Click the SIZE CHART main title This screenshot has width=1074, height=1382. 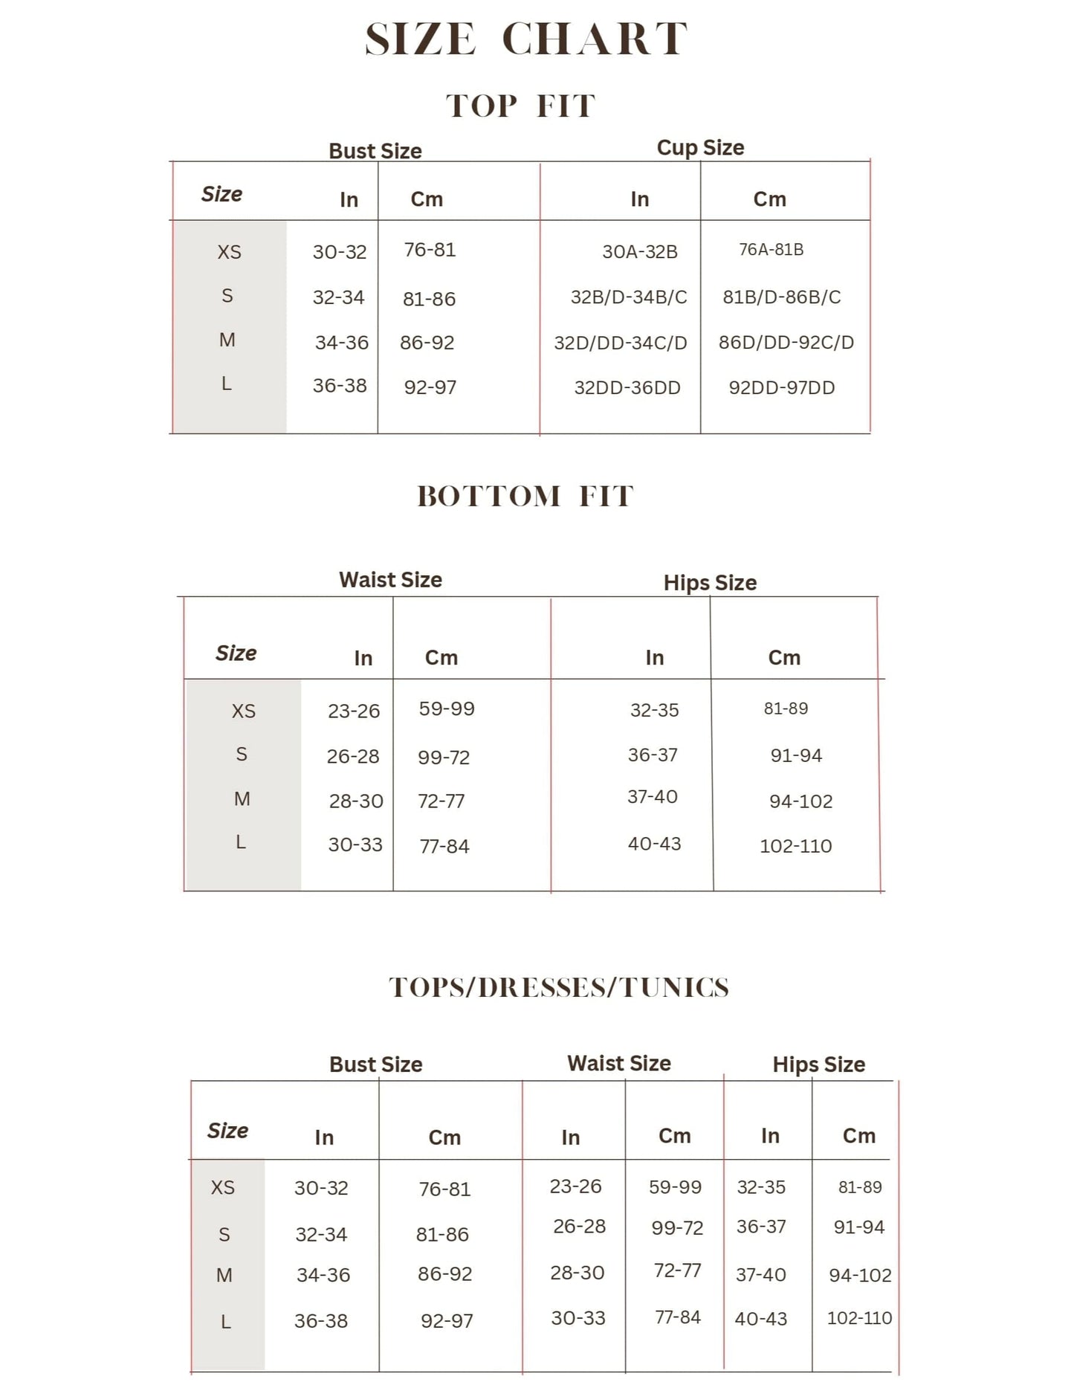click(525, 39)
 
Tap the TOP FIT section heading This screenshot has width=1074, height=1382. click(520, 106)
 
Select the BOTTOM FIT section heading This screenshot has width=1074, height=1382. click(525, 497)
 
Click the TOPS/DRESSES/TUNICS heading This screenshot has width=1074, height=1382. click(559, 987)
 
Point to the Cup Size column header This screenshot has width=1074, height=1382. click(700, 148)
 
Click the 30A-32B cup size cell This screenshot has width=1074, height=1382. click(639, 252)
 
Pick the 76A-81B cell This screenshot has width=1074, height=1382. click(771, 250)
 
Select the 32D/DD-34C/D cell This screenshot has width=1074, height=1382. click(620, 343)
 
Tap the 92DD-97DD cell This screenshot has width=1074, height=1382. click(781, 387)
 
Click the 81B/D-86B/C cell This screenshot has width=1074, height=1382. click(781, 297)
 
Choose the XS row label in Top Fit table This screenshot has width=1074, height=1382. click(229, 252)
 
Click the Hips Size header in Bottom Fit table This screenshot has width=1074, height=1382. click(710, 583)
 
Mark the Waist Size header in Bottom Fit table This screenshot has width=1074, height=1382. click(390, 580)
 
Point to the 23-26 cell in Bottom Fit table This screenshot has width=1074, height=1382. click(354, 711)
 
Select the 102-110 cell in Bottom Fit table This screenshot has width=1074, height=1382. click(795, 846)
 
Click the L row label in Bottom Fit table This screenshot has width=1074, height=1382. click(241, 842)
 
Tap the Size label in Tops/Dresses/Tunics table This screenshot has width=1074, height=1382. click(227, 1131)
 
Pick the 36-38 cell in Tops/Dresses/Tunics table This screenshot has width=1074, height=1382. click(321, 1321)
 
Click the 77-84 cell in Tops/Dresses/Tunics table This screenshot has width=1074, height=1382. click(677, 1317)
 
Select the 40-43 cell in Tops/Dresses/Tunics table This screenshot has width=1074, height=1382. click(760, 1319)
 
